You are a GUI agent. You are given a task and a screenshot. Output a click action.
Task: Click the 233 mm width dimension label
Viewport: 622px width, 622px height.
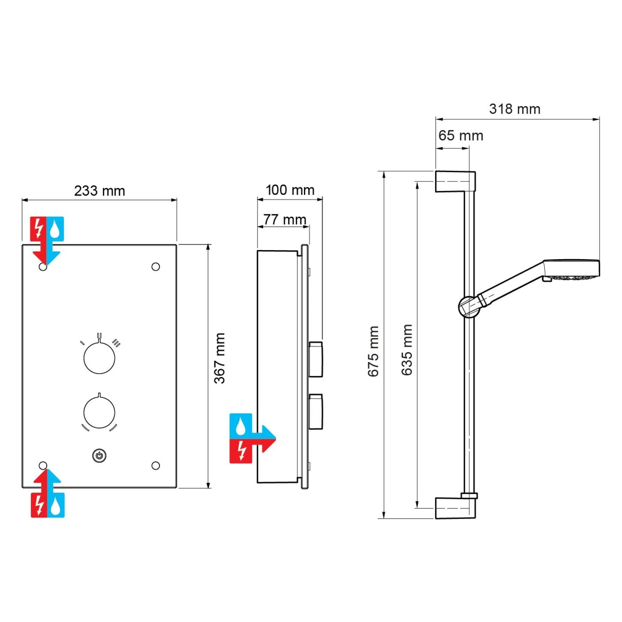[100, 191]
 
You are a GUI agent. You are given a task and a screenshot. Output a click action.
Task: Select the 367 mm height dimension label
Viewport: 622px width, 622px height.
[219, 358]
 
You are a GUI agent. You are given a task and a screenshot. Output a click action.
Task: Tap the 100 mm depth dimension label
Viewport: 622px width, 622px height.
[290, 190]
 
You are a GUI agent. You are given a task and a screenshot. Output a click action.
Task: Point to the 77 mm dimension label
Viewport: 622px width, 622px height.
[284, 219]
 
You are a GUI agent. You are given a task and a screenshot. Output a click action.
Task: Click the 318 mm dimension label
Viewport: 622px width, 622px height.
[515, 109]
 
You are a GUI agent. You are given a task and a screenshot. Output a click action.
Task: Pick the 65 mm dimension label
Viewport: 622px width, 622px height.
[461, 136]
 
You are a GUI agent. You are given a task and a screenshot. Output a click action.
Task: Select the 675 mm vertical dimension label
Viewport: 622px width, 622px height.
[373, 351]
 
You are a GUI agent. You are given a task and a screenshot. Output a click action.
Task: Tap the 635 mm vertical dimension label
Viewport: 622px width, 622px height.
[407, 350]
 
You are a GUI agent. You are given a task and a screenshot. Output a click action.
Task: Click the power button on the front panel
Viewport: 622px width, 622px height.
[99, 455]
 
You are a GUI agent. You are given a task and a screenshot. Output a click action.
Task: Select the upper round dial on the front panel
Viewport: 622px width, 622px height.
[100, 357]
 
